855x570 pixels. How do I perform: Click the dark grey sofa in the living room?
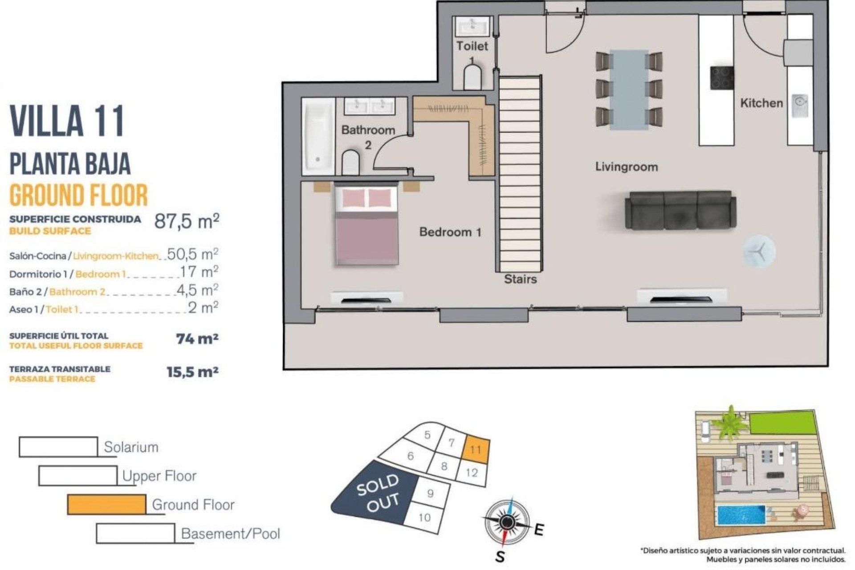point(680,211)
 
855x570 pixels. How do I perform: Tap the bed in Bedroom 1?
point(366,227)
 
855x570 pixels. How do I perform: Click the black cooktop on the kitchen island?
point(721,78)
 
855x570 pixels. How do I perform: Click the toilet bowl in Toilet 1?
point(472,78)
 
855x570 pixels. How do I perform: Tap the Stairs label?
point(520,279)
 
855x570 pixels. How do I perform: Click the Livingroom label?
point(626,167)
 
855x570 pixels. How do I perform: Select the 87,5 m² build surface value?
point(187,221)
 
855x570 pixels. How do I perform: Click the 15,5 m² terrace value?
point(192,372)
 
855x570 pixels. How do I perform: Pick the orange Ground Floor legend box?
point(106,505)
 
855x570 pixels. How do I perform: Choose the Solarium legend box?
point(58,447)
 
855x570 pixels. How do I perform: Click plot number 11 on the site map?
point(476,449)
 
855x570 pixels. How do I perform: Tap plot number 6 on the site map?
point(411,456)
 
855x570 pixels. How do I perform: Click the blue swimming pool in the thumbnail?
point(741,515)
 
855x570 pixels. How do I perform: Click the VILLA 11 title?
point(67,121)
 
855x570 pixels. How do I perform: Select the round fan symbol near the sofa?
point(759,252)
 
